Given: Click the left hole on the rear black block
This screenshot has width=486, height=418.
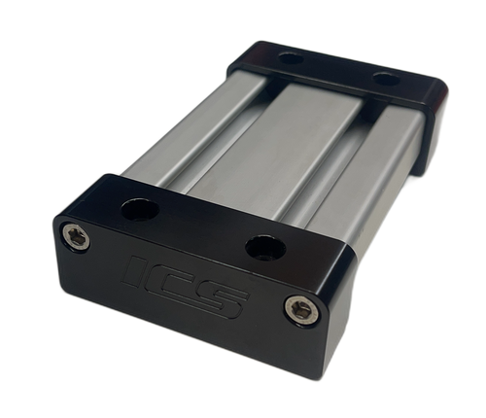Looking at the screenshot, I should click(x=287, y=58).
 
